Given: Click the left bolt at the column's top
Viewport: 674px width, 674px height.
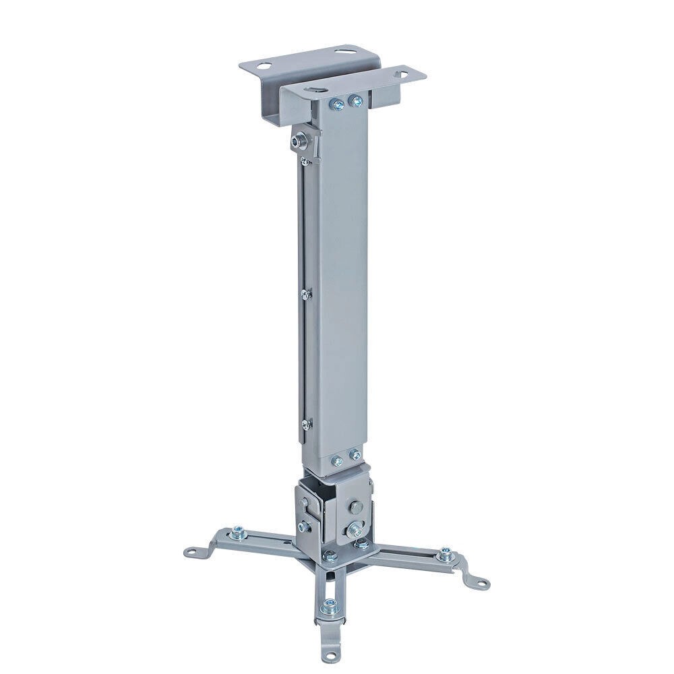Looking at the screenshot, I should (335, 104).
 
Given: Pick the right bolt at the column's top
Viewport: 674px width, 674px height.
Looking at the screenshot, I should (355, 101).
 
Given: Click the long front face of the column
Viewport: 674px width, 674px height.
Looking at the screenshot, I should (344, 283).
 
